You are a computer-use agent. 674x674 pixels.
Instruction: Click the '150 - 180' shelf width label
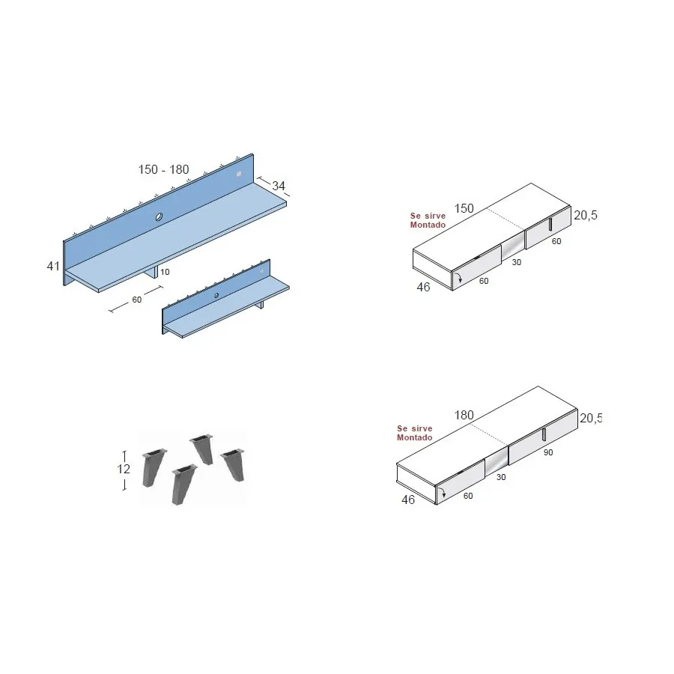[163, 169]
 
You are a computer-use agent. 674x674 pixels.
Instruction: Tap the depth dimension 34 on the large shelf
[279, 186]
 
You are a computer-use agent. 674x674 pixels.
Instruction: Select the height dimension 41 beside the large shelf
[53, 266]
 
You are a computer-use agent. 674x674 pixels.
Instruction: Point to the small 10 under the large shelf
[165, 272]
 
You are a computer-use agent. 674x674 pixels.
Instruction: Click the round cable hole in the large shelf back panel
[159, 216]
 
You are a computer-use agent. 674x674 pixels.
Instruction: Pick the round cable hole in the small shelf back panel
[216, 295]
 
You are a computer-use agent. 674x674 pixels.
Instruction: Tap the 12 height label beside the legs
[124, 469]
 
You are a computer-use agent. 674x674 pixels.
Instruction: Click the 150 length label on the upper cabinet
[464, 208]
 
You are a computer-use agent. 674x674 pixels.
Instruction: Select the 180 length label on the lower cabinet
[464, 415]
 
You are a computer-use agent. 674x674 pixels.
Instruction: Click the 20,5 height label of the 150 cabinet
[586, 215]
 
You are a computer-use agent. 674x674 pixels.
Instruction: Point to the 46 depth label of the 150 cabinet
[423, 287]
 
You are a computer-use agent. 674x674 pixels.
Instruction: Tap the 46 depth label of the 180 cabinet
[408, 500]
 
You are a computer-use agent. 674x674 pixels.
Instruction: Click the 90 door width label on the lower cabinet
[548, 452]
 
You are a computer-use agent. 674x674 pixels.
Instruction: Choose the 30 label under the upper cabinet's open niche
[516, 262]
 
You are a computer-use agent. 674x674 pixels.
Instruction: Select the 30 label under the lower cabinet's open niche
[501, 477]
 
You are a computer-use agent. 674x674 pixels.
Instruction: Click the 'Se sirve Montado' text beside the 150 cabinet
[428, 220]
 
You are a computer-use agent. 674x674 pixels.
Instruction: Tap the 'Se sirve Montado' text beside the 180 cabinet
[415, 433]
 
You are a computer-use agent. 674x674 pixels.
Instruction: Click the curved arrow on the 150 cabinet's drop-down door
[459, 277]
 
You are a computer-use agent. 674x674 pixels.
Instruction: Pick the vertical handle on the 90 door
[544, 434]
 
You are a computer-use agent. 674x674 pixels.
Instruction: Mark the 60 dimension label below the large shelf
[137, 300]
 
